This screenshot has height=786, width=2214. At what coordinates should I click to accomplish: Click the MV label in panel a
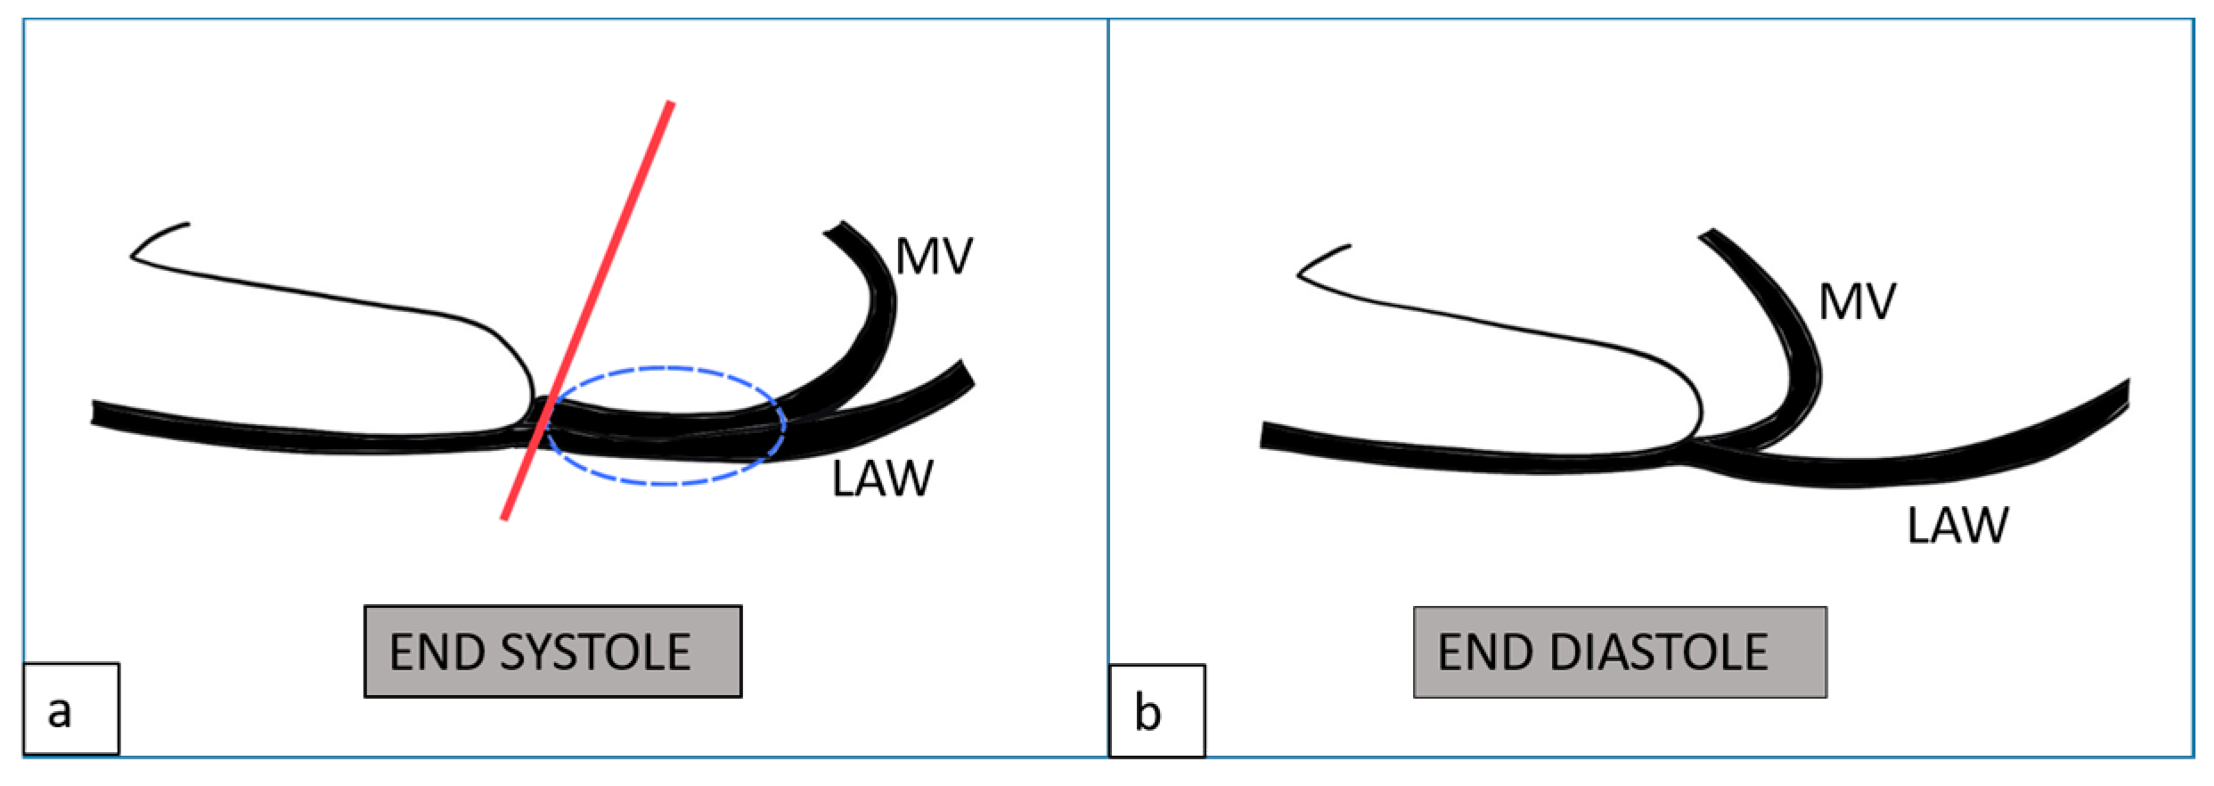934,257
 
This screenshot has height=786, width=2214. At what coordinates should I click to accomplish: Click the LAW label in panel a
882,479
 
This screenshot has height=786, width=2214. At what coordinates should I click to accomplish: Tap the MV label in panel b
1858,303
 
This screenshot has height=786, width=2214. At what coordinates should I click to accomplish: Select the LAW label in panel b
1957,526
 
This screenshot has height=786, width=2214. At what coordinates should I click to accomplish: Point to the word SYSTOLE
595,653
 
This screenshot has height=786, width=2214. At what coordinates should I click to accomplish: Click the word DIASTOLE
1659,653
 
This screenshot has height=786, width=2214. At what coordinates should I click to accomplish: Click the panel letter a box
70,709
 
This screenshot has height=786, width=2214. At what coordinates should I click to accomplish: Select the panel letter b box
1156,710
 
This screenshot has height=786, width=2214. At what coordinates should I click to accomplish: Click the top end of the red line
671,103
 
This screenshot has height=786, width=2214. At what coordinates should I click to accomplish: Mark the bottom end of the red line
504,518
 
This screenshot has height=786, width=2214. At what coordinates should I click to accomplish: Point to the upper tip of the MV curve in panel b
1709,236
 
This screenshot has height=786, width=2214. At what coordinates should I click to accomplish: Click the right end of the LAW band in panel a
968,373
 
